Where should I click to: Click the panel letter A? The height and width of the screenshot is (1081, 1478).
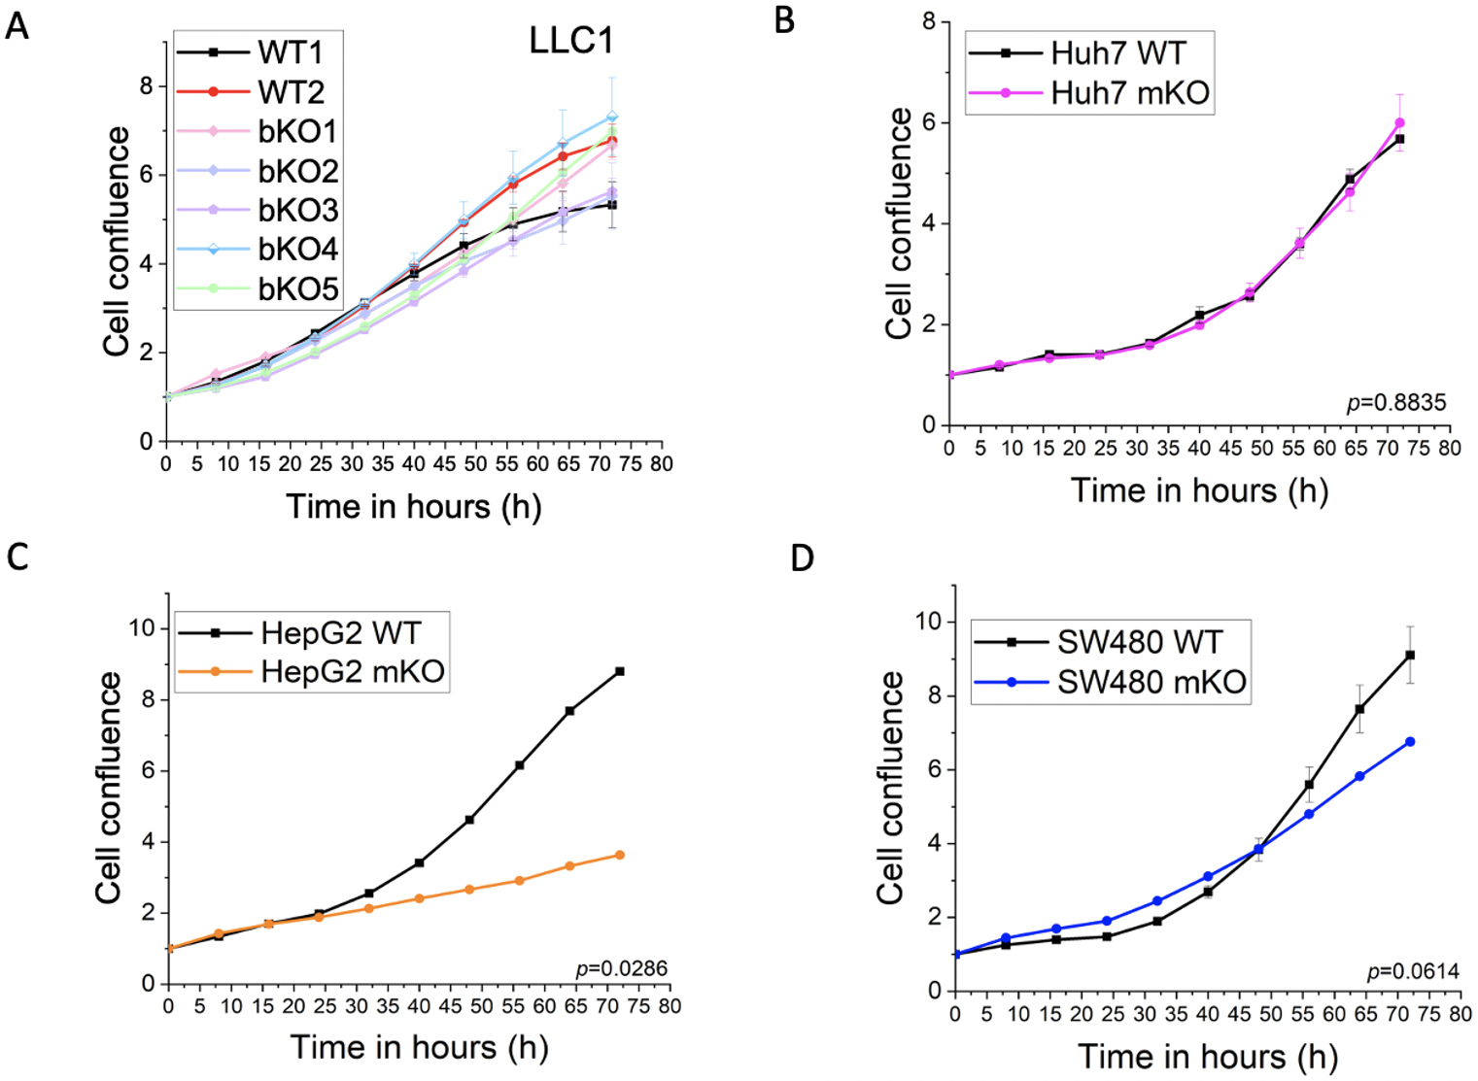pyautogui.click(x=17, y=25)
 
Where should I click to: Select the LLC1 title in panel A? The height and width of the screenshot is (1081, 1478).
pyautogui.click(x=570, y=41)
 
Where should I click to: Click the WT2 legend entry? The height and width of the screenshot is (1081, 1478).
pyautogui.click(x=291, y=92)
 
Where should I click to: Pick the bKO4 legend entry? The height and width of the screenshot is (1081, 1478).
pyautogui.click(x=297, y=250)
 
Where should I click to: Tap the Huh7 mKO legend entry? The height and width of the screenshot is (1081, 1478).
pyautogui.click(x=1129, y=93)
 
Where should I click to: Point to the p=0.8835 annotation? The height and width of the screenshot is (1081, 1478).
pyautogui.click(x=1396, y=402)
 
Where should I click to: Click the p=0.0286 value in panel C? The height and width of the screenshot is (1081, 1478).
pyautogui.click(x=622, y=968)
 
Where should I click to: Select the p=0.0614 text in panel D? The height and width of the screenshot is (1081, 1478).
pyautogui.click(x=1413, y=971)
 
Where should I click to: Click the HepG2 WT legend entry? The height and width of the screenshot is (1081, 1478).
pyautogui.click(x=340, y=633)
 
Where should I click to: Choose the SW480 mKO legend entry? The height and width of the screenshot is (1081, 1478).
pyautogui.click(x=1151, y=682)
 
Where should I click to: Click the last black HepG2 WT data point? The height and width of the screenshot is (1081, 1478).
pyautogui.click(x=620, y=671)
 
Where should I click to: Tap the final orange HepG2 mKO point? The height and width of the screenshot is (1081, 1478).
pyautogui.click(x=620, y=855)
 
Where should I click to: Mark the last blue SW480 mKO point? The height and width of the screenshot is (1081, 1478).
pyautogui.click(x=1410, y=742)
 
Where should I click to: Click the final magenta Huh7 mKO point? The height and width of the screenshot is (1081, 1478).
pyautogui.click(x=1399, y=123)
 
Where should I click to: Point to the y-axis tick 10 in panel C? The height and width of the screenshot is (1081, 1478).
pyautogui.click(x=142, y=628)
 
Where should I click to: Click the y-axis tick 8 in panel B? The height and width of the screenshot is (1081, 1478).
pyautogui.click(x=930, y=21)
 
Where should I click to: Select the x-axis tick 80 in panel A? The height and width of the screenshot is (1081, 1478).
pyautogui.click(x=662, y=464)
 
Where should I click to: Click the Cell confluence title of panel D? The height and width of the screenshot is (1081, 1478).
pyautogui.click(x=889, y=788)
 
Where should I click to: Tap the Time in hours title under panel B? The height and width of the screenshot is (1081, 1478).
pyautogui.click(x=1199, y=490)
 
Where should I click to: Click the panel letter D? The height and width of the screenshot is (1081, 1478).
pyautogui.click(x=802, y=559)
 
